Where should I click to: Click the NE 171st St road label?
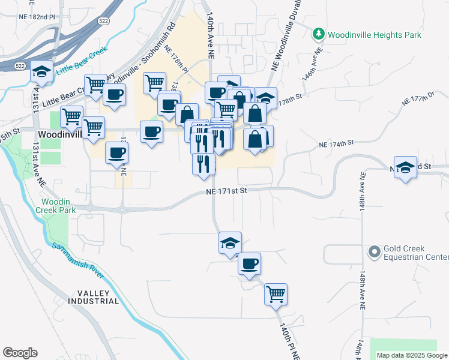pyautogui.click(x=226, y=191)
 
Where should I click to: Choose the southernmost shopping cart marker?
pyautogui.click(x=276, y=294)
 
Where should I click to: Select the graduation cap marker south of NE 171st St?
pyautogui.click(x=230, y=243)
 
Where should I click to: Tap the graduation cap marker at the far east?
pyautogui.click(x=406, y=167)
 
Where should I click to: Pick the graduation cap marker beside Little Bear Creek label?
pyautogui.click(x=41, y=71)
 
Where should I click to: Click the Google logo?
pyautogui.click(x=20, y=353)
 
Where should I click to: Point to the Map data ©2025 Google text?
pyautogui.click(x=412, y=355)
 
